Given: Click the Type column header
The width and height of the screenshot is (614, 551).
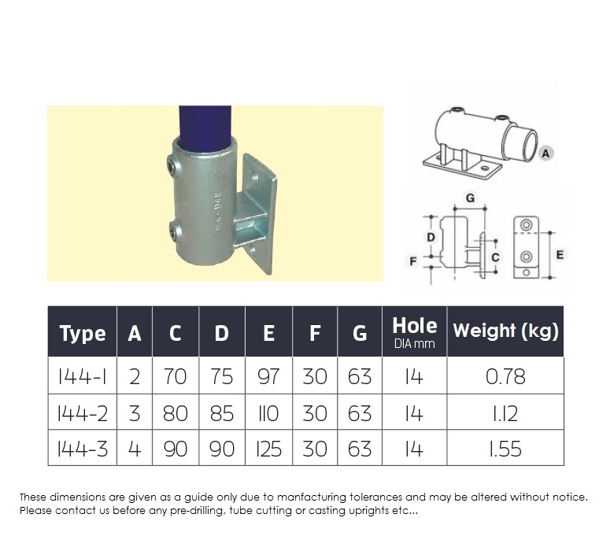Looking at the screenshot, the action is [x=83, y=333].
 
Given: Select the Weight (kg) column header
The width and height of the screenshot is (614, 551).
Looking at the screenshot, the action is [x=505, y=331].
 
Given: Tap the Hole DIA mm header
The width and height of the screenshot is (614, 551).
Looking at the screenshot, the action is [x=415, y=332].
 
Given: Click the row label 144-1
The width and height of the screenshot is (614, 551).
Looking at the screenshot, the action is [x=82, y=377].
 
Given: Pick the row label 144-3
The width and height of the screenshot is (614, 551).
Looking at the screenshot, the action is [x=82, y=449].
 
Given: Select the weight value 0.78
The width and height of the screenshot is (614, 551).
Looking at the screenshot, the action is [x=505, y=377].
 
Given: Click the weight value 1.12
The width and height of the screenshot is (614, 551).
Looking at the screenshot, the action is [x=505, y=413].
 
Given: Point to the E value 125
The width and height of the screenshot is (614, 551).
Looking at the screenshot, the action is [x=268, y=449].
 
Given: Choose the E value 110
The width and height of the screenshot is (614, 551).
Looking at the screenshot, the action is [x=268, y=413].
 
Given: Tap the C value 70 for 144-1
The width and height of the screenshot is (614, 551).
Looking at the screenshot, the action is [x=175, y=377].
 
